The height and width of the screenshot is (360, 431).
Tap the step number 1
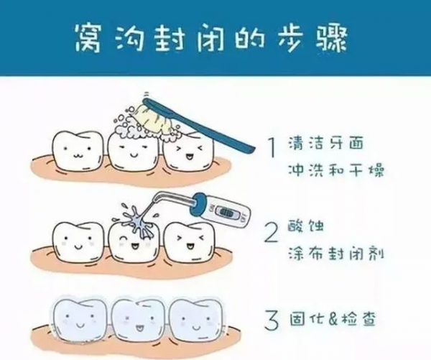click(271, 148)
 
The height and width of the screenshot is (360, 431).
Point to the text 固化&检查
click(328, 317)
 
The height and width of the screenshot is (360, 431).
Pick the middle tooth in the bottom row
click(131, 318)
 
